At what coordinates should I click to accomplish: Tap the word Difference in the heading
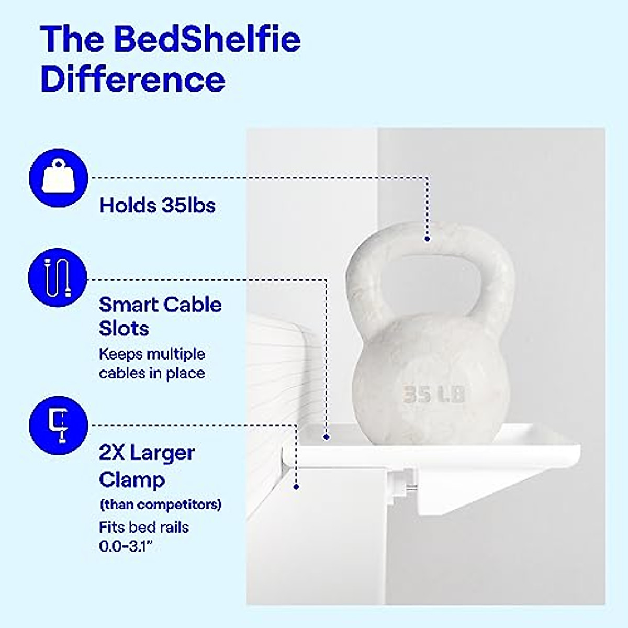point(133,79)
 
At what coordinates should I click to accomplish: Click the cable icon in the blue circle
point(58,276)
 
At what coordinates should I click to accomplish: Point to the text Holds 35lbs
point(158,205)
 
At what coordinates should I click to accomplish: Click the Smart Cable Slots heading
point(160,317)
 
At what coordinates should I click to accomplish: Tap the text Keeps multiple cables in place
point(152,364)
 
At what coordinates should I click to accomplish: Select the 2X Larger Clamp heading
point(147,466)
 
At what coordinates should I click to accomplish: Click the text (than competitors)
point(160,505)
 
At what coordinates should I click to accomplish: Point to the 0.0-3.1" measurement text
point(128,546)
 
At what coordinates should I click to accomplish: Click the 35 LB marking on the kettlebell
point(434,394)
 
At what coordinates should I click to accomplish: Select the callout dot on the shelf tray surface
point(327,436)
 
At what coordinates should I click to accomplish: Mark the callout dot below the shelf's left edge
point(296,487)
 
